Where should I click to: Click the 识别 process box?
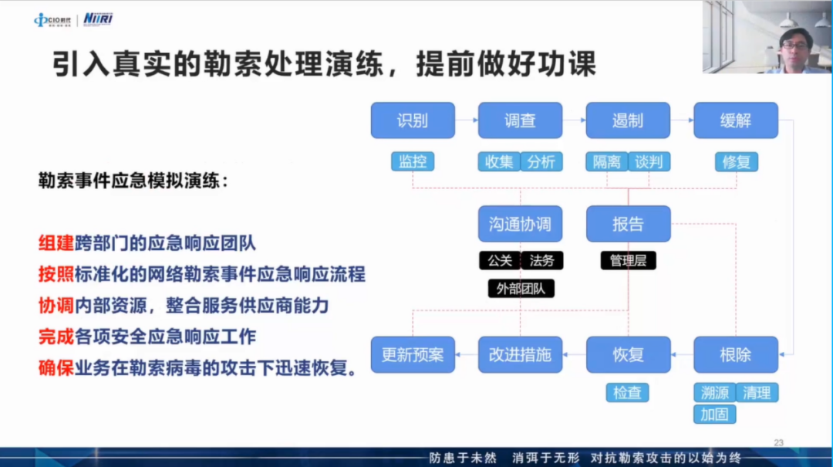click(x=413, y=120)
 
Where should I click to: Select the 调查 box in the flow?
click(x=520, y=120)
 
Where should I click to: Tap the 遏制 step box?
click(x=628, y=120)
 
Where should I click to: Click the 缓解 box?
click(x=736, y=120)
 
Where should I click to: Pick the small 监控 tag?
click(x=413, y=161)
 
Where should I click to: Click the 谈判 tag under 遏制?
click(x=649, y=161)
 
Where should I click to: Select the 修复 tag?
click(x=737, y=161)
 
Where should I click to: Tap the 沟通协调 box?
click(x=520, y=224)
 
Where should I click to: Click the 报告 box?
click(x=629, y=224)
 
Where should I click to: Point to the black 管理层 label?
click(x=629, y=261)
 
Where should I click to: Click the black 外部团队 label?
click(x=521, y=289)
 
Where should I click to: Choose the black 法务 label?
click(x=542, y=261)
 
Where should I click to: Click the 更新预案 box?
click(x=413, y=355)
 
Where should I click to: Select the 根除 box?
click(x=736, y=355)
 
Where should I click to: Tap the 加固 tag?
click(x=714, y=415)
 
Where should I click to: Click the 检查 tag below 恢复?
click(x=627, y=393)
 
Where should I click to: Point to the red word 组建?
click(x=56, y=243)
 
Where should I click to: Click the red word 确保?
click(x=56, y=367)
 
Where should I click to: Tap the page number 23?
click(x=779, y=442)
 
